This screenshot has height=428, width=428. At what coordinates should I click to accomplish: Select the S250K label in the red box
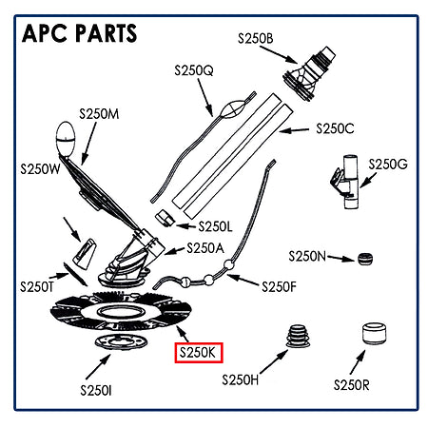pos(199,353)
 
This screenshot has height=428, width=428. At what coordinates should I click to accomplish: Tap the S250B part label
pos(254,38)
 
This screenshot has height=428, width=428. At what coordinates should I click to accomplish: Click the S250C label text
pos(334,128)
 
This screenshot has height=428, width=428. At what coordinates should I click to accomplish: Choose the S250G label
pos(387,165)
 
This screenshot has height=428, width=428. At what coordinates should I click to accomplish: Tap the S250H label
pos(242,380)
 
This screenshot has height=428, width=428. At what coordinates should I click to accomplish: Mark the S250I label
pos(97,390)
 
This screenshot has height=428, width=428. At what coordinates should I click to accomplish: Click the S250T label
pos(38,285)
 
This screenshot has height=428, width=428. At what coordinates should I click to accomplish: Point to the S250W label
pos(41,170)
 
